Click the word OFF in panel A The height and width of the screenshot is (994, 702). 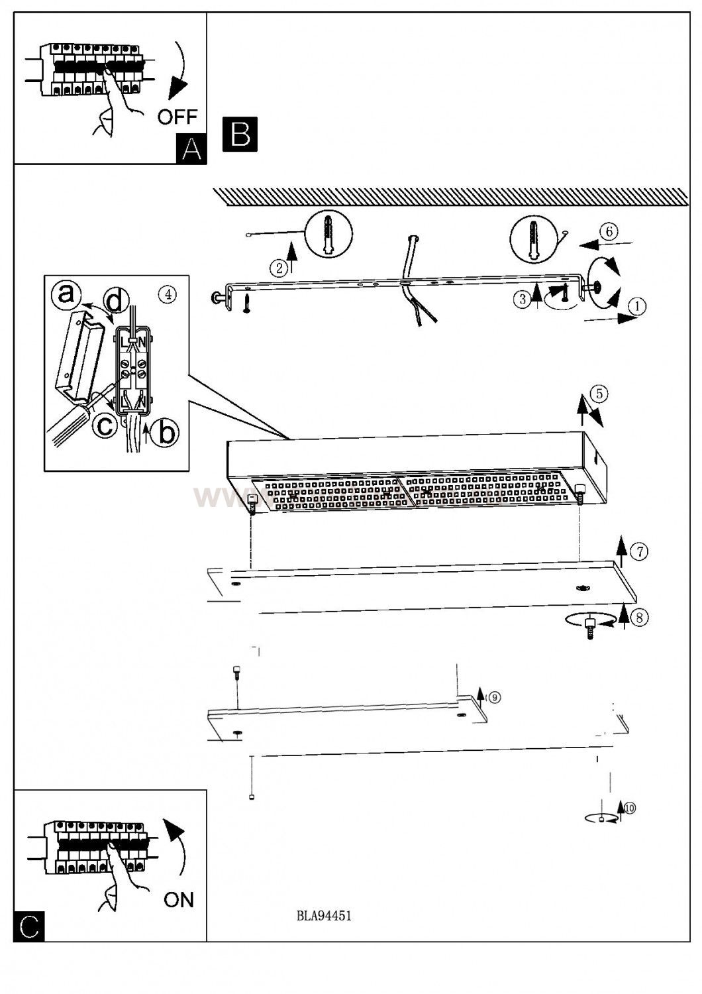[x=177, y=117]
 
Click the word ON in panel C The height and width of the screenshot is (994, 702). [x=179, y=899]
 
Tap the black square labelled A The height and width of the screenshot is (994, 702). [x=191, y=148]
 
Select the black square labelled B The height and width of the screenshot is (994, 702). [x=240, y=134]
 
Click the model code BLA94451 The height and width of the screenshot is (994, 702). [x=324, y=916]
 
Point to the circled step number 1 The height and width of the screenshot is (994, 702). [x=636, y=306]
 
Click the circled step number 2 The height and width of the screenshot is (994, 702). [x=279, y=268]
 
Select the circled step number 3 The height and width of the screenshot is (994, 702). [x=522, y=300]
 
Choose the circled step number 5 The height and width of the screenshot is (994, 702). [x=598, y=394]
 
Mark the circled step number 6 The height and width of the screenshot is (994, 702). [x=609, y=231]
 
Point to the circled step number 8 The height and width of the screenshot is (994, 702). [x=638, y=618]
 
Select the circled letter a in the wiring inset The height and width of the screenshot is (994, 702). [x=66, y=294]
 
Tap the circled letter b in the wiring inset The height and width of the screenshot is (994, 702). [x=164, y=432]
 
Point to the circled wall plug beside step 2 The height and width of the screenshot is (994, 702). [x=328, y=234]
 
